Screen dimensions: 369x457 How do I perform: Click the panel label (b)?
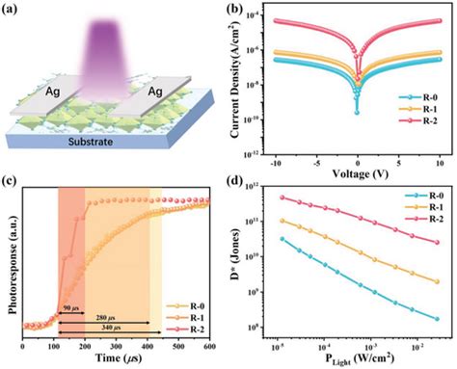coord(237,11)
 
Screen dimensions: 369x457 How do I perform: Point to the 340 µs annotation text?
coord(128,333)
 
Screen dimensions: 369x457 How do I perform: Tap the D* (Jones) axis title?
coord(243,265)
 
